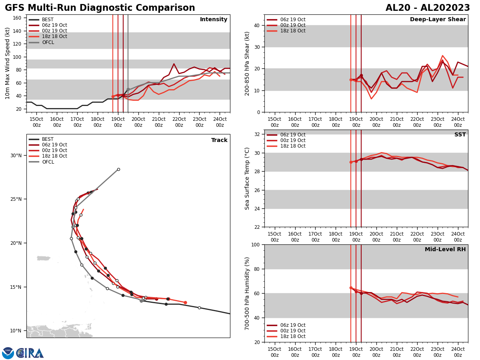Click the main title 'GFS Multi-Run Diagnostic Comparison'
pyautogui.click(x=100, y=8)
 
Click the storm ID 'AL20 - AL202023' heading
pyautogui.click(x=428, y=8)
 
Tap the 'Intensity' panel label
pyautogui.click(x=214, y=20)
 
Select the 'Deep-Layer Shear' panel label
pyautogui.click(x=438, y=20)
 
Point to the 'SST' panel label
pyautogui.click(x=460, y=135)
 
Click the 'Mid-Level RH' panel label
pyautogui.click(x=445, y=250)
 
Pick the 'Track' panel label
pyautogui.click(x=219, y=140)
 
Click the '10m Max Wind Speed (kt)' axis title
pyautogui.click(x=8, y=63)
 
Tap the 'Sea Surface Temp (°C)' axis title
pyautogui.click(x=248, y=178)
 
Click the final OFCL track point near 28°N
pyautogui.click(x=118, y=169)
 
